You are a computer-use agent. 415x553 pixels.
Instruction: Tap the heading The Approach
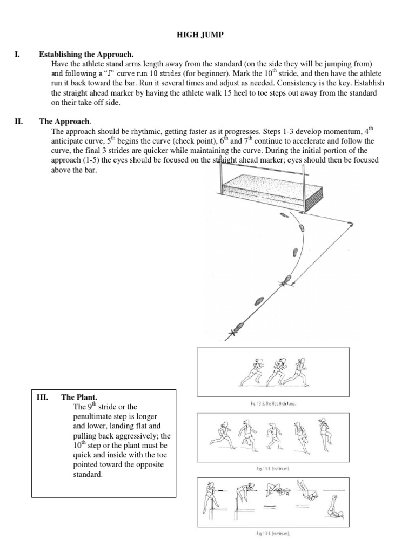tap(71, 122)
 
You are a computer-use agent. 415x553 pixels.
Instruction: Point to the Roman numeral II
tap(18, 122)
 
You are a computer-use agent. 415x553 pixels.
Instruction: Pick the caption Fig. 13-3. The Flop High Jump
tap(273, 403)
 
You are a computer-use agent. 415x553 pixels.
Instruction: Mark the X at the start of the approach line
tap(234, 332)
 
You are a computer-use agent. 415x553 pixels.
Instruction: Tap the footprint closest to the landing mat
tap(283, 215)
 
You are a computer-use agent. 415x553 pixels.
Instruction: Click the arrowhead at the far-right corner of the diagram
tap(352, 223)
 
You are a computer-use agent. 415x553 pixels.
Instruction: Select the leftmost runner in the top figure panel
tap(254, 372)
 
